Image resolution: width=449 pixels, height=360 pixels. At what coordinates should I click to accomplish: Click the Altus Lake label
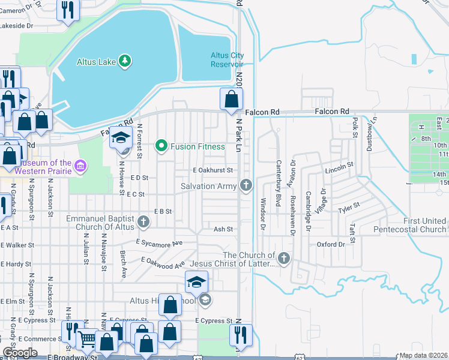[x=95, y=61]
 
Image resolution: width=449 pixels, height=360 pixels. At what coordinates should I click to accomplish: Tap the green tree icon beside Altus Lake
[x=124, y=61]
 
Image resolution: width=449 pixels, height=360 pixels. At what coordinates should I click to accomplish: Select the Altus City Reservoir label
[x=226, y=59]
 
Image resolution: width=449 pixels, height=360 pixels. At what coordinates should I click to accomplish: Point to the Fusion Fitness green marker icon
[x=161, y=146]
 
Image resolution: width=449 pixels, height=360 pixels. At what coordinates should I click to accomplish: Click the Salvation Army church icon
[x=246, y=185]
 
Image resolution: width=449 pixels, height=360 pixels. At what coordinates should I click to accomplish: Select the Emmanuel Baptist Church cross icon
[x=143, y=222]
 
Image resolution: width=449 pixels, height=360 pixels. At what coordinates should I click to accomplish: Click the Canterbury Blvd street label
[x=279, y=184]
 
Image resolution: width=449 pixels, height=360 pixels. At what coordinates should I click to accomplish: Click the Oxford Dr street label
[x=331, y=245]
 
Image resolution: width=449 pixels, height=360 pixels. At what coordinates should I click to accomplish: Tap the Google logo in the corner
[x=20, y=353]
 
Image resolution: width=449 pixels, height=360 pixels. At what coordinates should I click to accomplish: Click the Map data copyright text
[x=423, y=355]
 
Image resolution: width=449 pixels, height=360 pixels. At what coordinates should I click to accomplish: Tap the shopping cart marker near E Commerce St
[x=88, y=340]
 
